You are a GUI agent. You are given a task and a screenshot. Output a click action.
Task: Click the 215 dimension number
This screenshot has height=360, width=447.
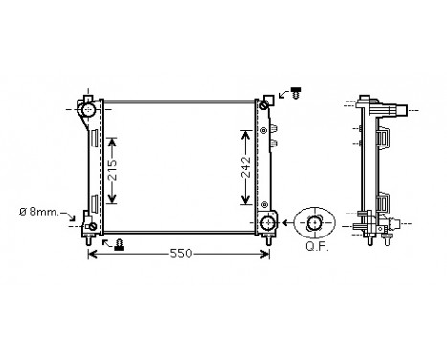pyautogui.click(x=112, y=169)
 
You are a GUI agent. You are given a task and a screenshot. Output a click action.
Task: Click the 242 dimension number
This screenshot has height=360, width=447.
pyautogui.click(x=246, y=169)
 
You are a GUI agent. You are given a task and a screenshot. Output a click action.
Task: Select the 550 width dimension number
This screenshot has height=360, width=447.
pyautogui.click(x=181, y=254)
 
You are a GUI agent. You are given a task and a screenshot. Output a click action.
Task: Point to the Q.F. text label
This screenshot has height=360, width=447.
pyautogui.click(x=314, y=245)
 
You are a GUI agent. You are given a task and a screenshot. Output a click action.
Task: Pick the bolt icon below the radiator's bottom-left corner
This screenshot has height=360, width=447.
pyautogui.click(x=119, y=243)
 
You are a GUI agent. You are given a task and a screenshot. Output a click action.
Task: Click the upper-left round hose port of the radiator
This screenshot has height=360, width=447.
pyautogui.click(x=89, y=110)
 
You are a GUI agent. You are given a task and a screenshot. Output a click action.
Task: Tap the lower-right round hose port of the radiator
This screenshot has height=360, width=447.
pyautogui.click(x=267, y=223)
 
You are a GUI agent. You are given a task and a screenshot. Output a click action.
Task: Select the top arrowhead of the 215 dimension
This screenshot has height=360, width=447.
pyautogui.click(x=112, y=141)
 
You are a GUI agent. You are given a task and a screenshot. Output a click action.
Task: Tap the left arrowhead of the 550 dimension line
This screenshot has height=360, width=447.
pyautogui.click(x=93, y=254)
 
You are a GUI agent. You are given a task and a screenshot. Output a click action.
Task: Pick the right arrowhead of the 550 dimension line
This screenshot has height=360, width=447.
pyautogui.click(x=266, y=254)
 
